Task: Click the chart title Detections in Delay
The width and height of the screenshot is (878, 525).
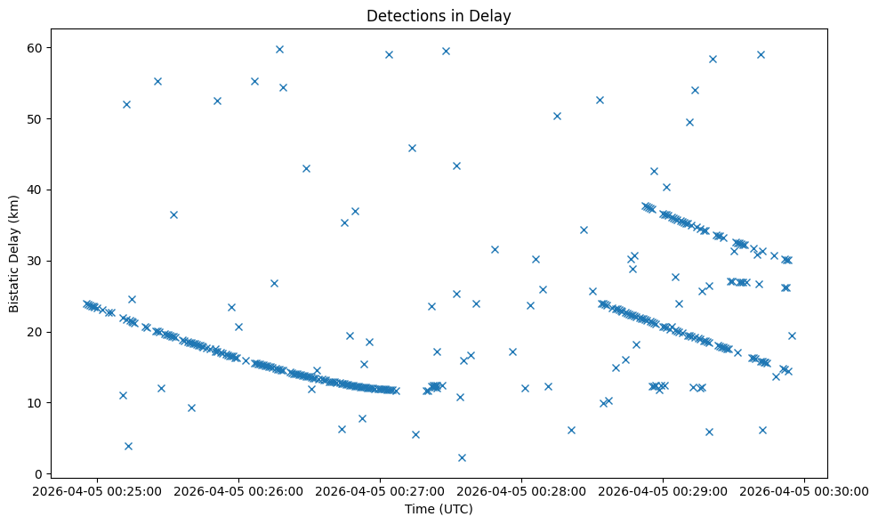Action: [x=439, y=15]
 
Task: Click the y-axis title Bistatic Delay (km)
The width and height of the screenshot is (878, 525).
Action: [x=14, y=254]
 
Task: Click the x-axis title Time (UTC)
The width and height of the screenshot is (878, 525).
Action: [x=439, y=510]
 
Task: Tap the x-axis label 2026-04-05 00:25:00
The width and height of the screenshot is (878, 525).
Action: [x=98, y=490]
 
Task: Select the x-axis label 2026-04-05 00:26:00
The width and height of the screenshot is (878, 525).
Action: [x=239, y=490]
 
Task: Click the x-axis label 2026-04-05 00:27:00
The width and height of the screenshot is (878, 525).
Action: [x=381, y=490]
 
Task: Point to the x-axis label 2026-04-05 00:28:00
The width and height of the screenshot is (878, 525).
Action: [x=521, y=490]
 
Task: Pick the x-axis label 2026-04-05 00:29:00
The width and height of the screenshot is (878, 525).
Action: [x=663, y=490]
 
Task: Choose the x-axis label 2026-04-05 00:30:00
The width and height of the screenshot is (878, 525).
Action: [x=804, y=490]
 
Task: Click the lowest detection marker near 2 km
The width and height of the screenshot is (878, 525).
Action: [x=462, y=457]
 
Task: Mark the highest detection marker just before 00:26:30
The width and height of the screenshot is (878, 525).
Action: [x=279, y=49]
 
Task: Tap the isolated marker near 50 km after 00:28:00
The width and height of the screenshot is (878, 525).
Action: [x=557, y=116]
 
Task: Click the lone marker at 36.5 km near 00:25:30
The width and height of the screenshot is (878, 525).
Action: [x=173, y=214]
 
